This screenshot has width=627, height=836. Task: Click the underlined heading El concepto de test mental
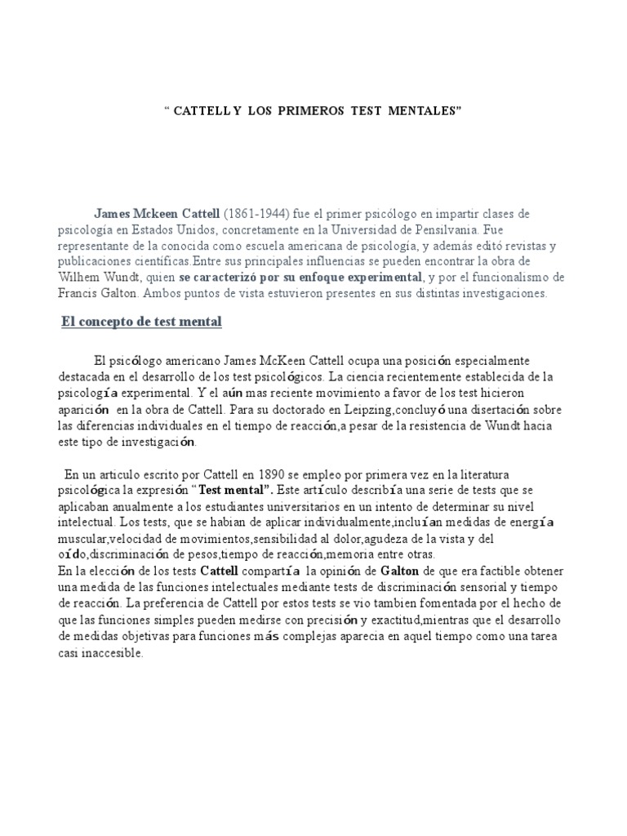(x=142, y=322)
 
